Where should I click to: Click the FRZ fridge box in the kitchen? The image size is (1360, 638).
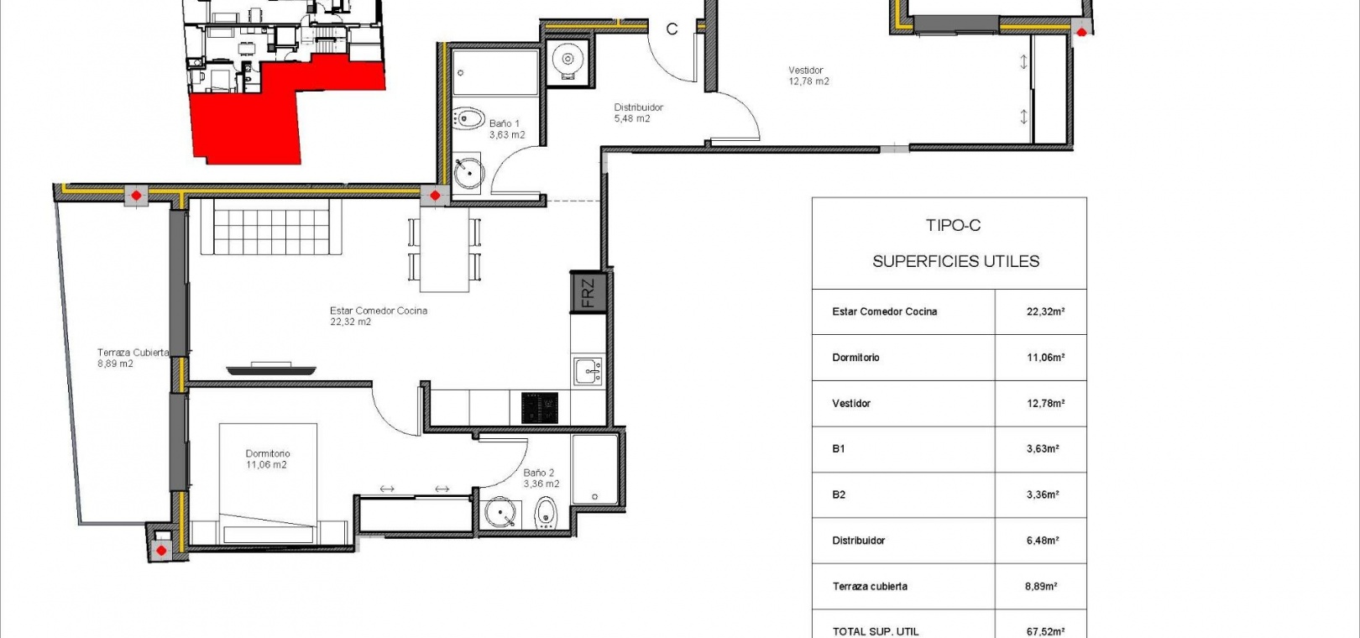pyautogui.click(x=588, y=292)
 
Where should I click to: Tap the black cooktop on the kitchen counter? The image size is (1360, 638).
pyautogui.click(x=540, y=408)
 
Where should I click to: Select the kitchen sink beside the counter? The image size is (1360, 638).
pyautogui.click(x=588, y=371)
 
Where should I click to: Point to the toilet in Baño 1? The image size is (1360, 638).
pyautogui.click(x=468, y=118)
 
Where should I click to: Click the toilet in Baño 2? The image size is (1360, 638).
pyautogui.click(x=547, y=514)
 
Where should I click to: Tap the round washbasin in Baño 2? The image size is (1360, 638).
pyautogui.click(x=501, y=512)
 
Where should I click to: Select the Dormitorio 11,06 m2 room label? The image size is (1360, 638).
pyautogui.click(x=267, y=459)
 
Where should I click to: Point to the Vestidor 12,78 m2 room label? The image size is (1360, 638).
pyautogui.click(x=808, y=76)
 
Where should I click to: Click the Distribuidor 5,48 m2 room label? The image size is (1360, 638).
pyautogui.click(x=638, y=113)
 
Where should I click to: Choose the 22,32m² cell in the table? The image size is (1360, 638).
pyautogui.click(x=1045, y=311)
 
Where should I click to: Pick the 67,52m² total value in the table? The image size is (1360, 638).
pyautogui.click(x=1045, y=631)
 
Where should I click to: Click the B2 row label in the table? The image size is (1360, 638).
pyautogui.click(x=839, y=494)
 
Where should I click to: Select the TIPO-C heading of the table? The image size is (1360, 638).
pyautogui.click(x=953, y=225)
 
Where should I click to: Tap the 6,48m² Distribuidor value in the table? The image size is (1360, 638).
pyautogui.click(x=1043, y=541)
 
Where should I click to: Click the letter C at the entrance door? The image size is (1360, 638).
pyautogui.click(x=672, y=29)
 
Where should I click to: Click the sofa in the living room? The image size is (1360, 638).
pyautogui.click(x=271, y=227)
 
